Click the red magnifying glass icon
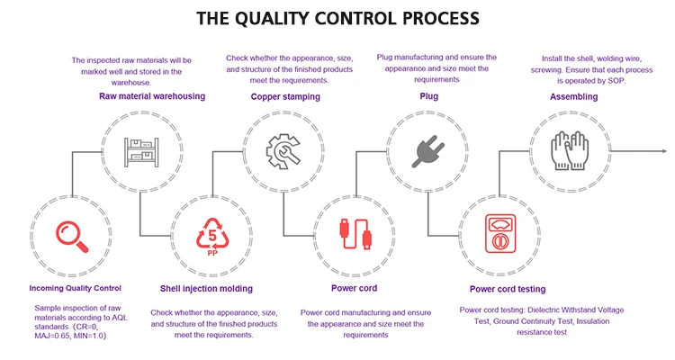[x=71, y=237]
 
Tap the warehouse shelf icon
[x=141, y=152]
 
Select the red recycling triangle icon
[x=212, y=236]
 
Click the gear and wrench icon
[x=283, y=151]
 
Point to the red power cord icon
[x=355, y=234]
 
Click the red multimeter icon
[x=500, y=233]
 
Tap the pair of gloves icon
[x=570, y=150]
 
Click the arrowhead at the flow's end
[x=664, y=151]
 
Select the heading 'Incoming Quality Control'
[x=76, y=288]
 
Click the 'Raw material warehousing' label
[x=152, y=96]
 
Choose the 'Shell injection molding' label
[x=206, y=289]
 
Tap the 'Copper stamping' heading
[x=285, y=96]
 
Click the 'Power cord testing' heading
[x=508, y=289]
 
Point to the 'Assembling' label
[x=574, y=96]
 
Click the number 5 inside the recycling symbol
[x=212, y=235]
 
